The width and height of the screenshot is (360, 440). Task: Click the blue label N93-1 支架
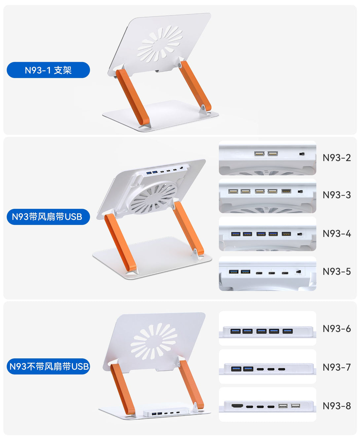[48, 70]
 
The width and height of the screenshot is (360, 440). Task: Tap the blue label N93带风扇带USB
[48, 217]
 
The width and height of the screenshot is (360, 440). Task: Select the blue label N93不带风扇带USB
[48, 366]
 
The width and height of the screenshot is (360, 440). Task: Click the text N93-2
[337, 158]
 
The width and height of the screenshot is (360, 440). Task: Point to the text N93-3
[337, 195]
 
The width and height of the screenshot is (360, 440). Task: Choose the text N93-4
[337, 234]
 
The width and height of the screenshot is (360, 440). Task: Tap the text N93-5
[337, 272]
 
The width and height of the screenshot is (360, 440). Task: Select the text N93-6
[337, 329]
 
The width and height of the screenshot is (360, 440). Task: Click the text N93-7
[337, 367]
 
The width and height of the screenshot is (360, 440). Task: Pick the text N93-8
[337, 406]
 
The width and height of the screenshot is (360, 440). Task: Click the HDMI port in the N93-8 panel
[237, 406]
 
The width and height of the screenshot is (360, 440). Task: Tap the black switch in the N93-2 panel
[302, 154]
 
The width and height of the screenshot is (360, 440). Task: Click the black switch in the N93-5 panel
[299, 272]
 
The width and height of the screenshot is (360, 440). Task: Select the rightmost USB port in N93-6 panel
[288, 331]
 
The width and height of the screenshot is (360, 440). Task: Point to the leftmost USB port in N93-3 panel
[233, 191]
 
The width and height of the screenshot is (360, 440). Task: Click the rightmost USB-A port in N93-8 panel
[296, 406]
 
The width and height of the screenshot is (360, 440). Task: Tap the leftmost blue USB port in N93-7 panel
[236, 369]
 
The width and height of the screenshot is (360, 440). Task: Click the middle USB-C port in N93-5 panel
[271, 273]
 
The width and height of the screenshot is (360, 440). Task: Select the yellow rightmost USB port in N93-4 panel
[286, 234]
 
